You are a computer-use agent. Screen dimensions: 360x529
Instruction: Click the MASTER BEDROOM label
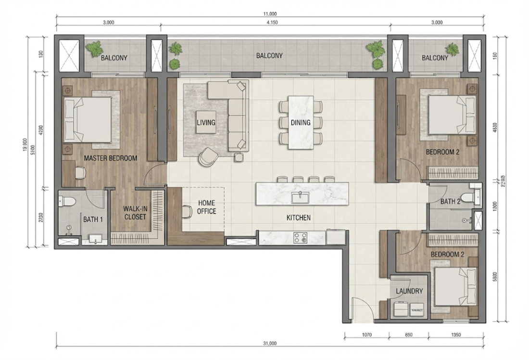point(110,158)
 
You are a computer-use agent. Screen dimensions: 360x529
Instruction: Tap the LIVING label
point(205,123)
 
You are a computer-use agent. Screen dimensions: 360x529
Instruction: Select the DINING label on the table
point(300,123)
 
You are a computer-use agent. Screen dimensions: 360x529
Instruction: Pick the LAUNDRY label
point(409,291)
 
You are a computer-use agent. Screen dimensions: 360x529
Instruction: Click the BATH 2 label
point(451,202)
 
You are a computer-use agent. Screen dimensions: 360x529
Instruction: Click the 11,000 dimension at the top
point(269,14)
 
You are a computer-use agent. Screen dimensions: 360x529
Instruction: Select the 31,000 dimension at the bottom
point(269,344)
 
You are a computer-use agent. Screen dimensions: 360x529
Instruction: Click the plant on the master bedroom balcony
point(95,48)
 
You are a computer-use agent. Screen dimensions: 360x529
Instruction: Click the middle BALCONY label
point(269,56)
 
